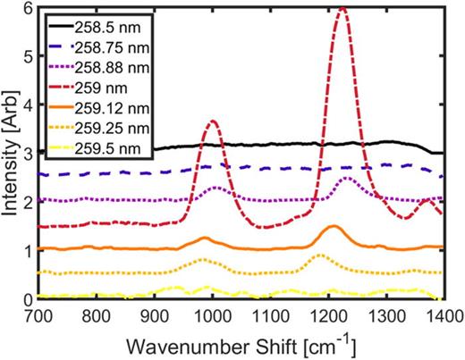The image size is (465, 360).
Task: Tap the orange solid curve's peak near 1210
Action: pos(333,227)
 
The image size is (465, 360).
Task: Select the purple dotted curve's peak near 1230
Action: pos(344,179)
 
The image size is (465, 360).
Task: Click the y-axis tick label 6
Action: pos(28,8)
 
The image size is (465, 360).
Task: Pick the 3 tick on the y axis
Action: pos(28,154)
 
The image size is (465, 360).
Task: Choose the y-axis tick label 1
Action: pos(28,251)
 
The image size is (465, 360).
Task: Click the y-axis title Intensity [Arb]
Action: pos(10,154)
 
